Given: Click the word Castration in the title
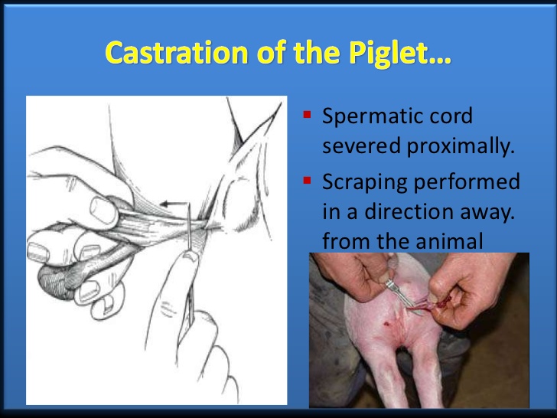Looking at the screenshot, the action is click(176, 52).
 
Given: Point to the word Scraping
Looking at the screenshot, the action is click(366, 182).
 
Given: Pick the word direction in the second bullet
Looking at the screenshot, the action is click(409, 212).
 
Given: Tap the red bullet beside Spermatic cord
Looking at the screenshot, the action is click(308, 115).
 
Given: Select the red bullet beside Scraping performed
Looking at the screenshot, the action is click(308, 180).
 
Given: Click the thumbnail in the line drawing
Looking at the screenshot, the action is click(104, 212).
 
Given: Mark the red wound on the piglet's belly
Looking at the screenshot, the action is click(387, 324).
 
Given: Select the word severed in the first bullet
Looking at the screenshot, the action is click(361, 146).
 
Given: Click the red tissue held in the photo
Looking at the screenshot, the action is click(442, 303).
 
